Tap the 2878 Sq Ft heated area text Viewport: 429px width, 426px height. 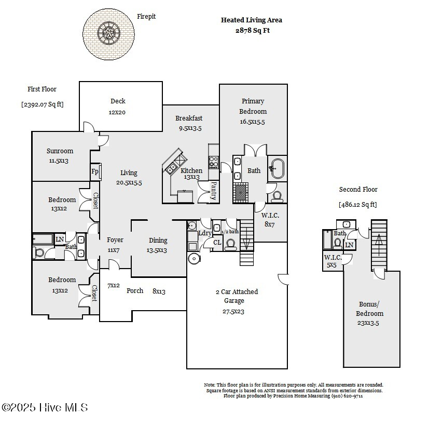(x=252, y=31)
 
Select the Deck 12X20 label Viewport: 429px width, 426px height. (x=118, y=106)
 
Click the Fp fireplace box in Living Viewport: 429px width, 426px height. (x=95, y=171)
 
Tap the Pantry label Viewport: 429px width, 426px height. (x=213, y=191)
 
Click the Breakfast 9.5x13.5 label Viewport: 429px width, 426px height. (x=189, y=123)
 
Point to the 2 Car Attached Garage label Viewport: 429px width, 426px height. (x=237, y=301)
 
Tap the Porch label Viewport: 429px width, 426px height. (x=135, y=291)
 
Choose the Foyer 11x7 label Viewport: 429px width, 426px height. (x=115, y=245)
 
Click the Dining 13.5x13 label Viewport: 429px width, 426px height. (x=158, y=245)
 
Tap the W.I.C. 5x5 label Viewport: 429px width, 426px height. (x=333, y=261)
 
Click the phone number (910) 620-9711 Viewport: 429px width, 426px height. (x=348, y=396)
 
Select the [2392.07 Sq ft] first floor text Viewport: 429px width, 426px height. (x=43, y=104)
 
